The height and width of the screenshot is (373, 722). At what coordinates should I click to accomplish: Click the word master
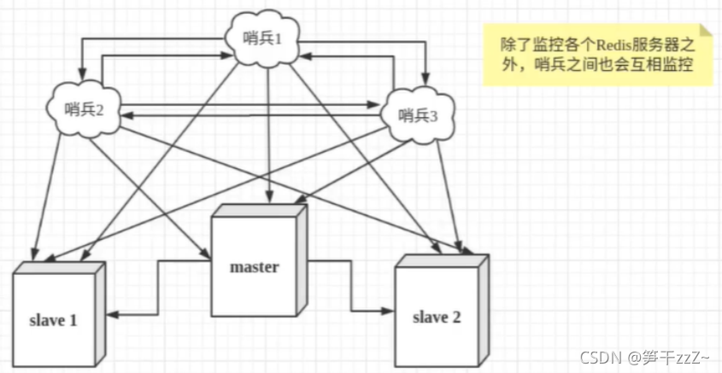click(255, 267)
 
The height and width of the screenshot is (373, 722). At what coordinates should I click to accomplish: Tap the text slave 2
click(437, 318)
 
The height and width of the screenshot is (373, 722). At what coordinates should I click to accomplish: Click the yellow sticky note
click(597, 54)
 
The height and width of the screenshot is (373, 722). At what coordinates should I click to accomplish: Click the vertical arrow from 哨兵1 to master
click(270, 137)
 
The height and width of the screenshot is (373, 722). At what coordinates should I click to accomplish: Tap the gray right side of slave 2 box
click(484, 307)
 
